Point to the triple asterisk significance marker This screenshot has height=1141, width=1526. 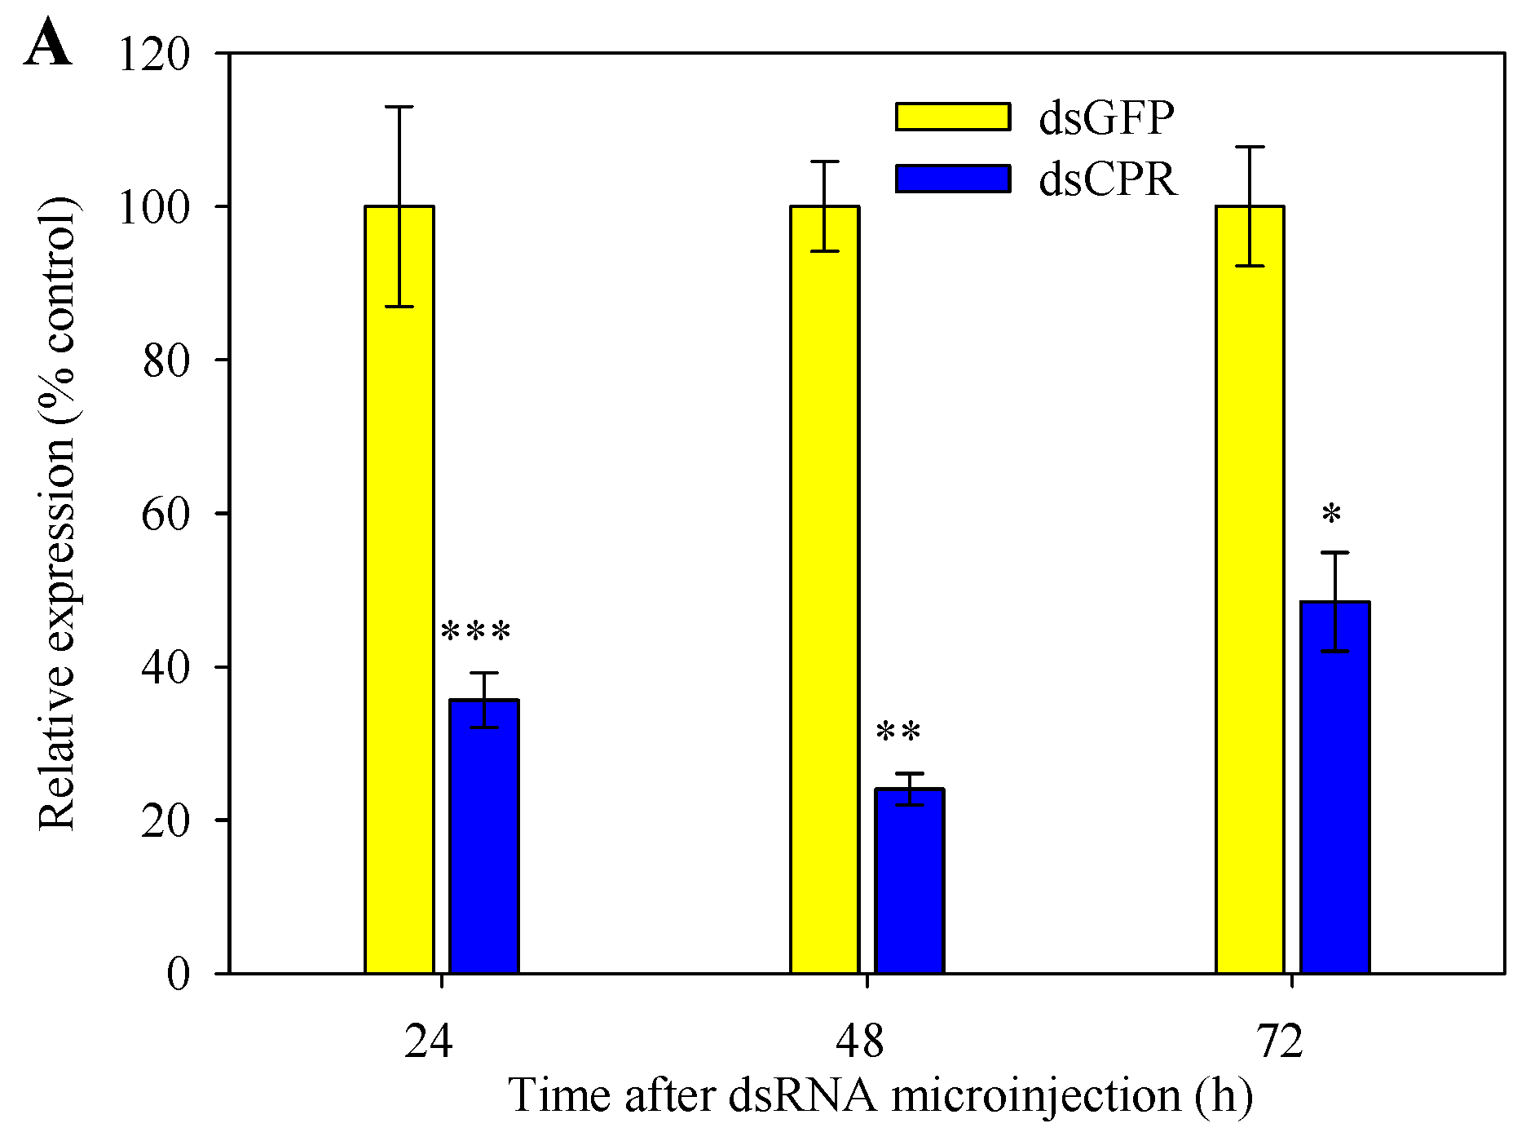[x=476, y=633]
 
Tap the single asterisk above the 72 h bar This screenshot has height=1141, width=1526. [x=1332, y=515]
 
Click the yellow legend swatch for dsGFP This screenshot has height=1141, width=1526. [x=953, y=117]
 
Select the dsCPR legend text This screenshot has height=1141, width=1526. [x=1108, y=179]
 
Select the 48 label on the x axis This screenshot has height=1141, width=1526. [x=860, y=1041]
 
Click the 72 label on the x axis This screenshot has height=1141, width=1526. [x=1280, y=1041]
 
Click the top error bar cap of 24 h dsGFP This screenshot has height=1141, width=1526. [x=399, y=107]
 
